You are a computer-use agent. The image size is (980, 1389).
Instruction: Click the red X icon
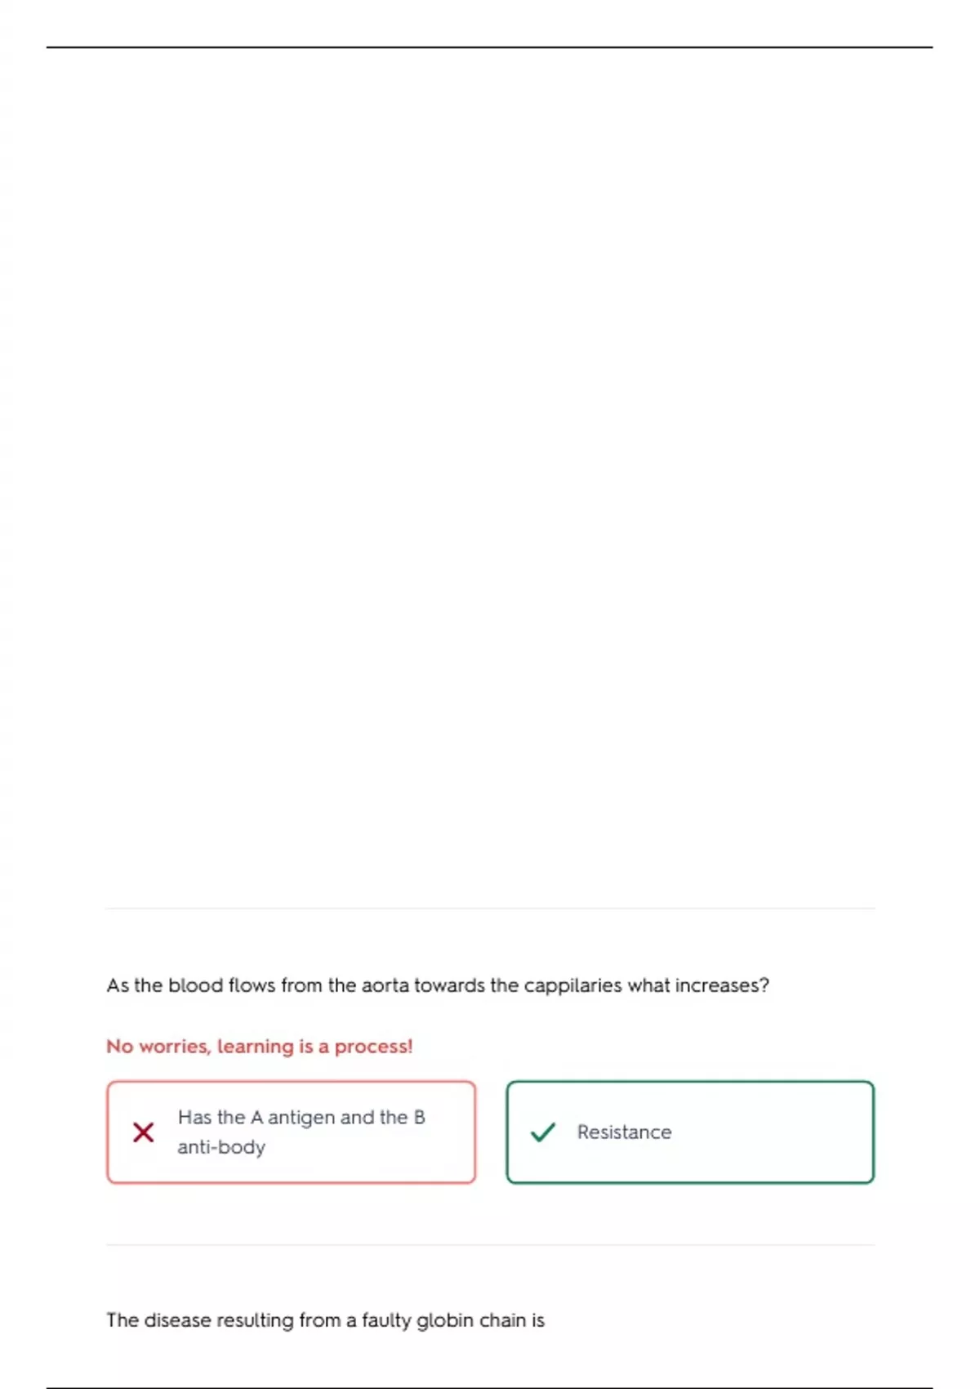tap(144, 1132)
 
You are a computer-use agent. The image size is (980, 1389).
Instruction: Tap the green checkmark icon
tap(543, 1132)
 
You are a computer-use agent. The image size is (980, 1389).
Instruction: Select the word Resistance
tap(624, 1132)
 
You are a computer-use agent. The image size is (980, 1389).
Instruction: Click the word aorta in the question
tap(385, 985)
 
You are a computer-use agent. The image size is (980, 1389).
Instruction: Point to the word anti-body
tap(221, 1147)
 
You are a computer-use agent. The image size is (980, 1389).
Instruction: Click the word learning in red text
tap(255, 1047)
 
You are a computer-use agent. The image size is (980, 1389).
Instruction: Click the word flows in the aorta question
tap(252, 985)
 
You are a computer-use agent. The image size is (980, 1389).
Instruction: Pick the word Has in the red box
tap(194, 1117)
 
